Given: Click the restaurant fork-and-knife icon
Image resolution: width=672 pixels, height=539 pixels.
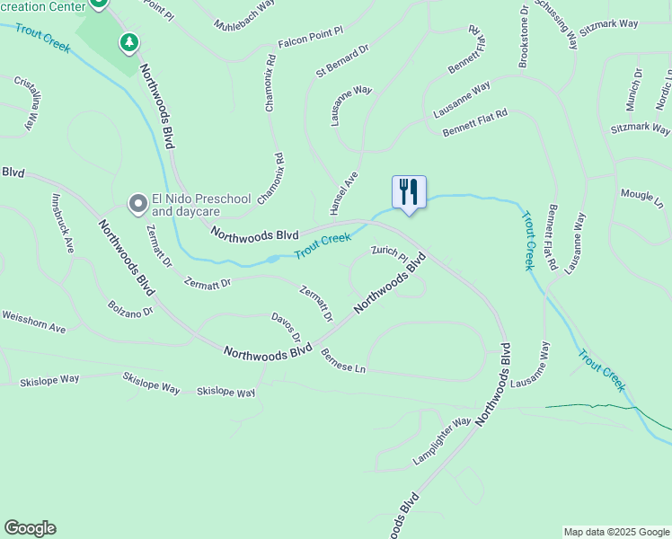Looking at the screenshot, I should [409, 191].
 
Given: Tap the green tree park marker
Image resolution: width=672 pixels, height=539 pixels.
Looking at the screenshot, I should [129, 41].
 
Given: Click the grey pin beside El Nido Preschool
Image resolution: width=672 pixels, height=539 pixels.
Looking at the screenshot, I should [137, 205].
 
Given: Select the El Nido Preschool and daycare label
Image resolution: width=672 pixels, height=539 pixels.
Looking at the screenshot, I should [186, 206].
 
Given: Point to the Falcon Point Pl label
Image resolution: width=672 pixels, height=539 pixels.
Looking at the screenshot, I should [311, 33].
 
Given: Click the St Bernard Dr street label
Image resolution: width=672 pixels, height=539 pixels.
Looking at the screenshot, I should [343, 59].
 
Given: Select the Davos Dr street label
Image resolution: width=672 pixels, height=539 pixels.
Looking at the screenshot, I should [286, 328].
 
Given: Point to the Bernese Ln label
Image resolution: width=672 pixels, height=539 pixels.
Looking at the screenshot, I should [343, 361].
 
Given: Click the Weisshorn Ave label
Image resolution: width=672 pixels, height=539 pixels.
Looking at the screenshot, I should [34, 322].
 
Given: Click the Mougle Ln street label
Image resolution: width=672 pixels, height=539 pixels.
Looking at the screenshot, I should [641, 198].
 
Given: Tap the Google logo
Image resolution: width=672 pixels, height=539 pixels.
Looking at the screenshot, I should [30, 528].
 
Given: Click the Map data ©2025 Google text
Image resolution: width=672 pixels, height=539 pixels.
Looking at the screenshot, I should [615, 532].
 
